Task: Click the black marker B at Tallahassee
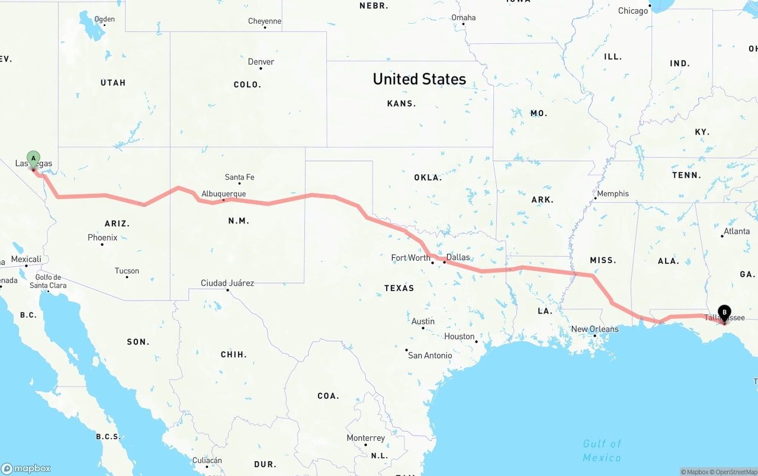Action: point(724,312)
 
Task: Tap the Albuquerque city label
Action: point(223,194)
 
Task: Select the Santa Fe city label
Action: point(239,177)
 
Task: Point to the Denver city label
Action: point(261,62)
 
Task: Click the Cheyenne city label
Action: point(265,21)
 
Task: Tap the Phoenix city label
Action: point(102,238)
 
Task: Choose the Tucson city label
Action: point(127,271)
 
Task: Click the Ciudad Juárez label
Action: point(227,283)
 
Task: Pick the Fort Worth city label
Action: point(410,258)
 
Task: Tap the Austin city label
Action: point(423,321)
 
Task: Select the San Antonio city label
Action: point(430,355)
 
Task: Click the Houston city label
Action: point(460,337)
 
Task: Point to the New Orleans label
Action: point(595,329)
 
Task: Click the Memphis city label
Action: point(613,194)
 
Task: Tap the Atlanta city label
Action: point(737,231)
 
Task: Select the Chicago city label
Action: point(633,11)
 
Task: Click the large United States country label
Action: point(419,79)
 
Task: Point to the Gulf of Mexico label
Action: point(602,451)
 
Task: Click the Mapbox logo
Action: point(26,468)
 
